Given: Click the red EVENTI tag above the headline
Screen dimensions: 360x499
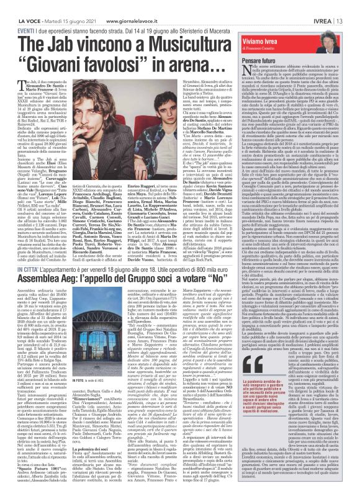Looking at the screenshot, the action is pos(9,12).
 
